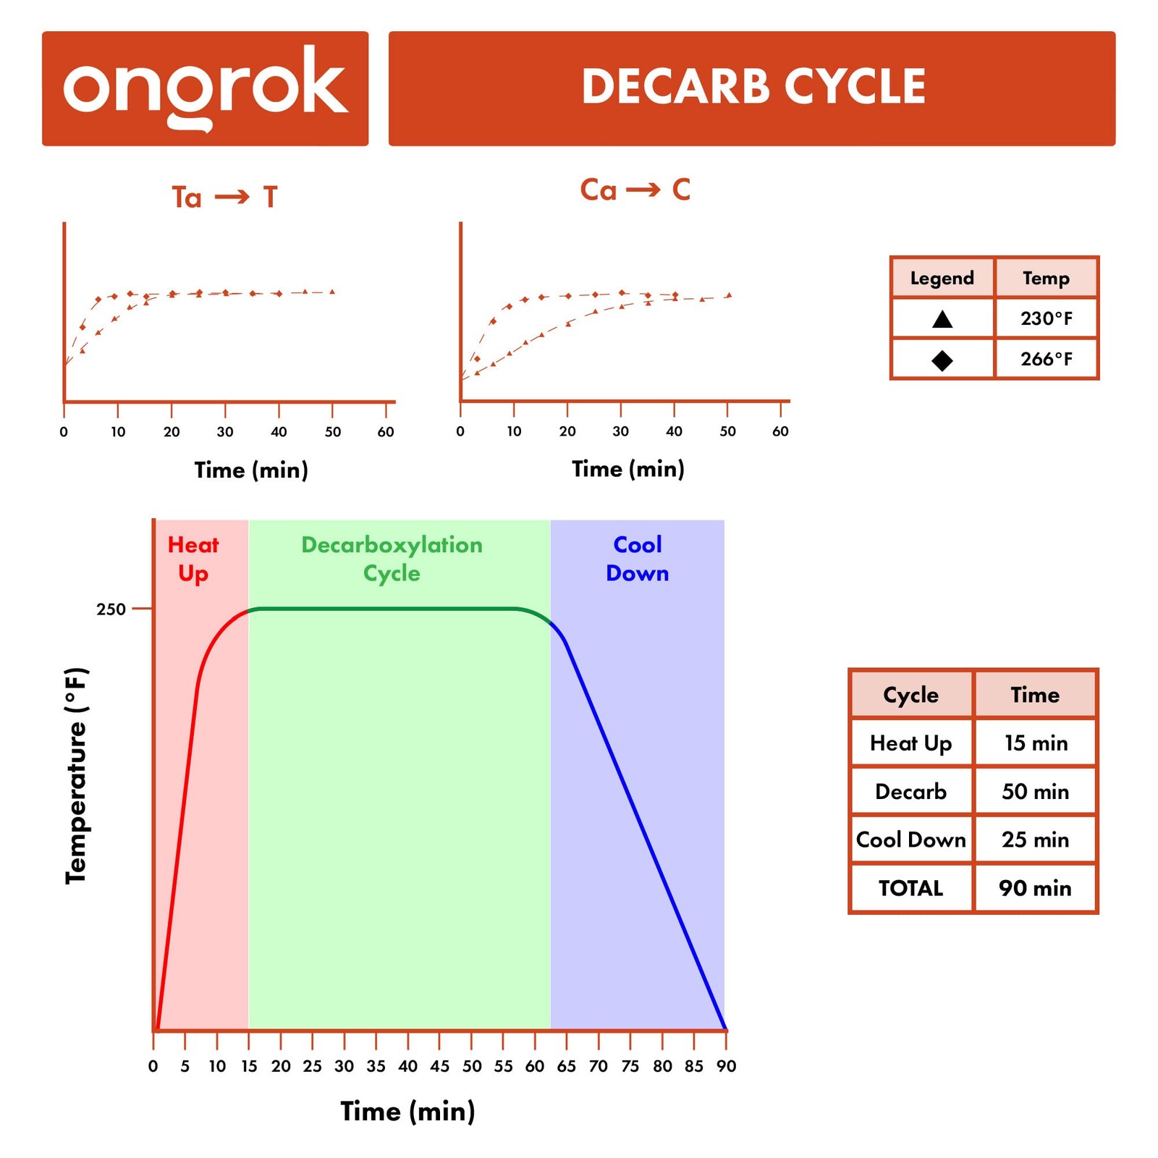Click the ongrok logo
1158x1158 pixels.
(205, 88)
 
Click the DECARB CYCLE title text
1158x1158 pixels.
(753, 87)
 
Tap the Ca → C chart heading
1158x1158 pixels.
(635, 190)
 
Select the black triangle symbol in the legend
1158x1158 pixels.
(942, 319)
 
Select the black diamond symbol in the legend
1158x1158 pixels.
(942, 360)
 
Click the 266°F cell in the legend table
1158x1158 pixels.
(1046, 359)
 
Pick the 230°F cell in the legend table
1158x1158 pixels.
(1046, 318)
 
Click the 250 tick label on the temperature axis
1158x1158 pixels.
(111, 609)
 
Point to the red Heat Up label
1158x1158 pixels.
(193, 559)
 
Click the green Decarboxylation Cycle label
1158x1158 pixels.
(392, 559)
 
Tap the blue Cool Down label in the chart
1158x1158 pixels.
(637, 559)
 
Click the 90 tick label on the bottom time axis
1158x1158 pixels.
(726, 1066)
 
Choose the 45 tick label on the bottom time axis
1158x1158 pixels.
(439, 1066)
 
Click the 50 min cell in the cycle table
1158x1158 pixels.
(1035, 792)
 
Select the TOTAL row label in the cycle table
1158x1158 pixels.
(910, 888)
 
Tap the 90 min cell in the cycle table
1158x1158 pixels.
(1035, 888)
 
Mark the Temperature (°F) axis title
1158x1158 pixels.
(76, 774)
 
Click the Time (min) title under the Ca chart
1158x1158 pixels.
(627, 469)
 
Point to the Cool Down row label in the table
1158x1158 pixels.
(910, 840)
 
